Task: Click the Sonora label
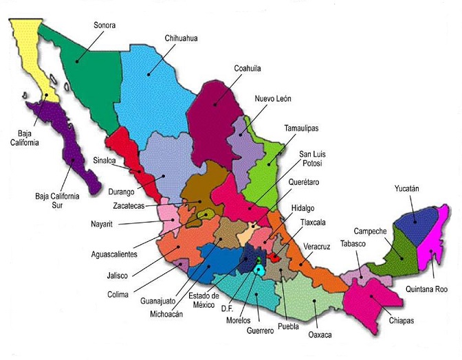(104, 25)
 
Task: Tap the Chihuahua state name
(181, 38)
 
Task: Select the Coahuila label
(247, 68)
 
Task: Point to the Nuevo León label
(273, 99)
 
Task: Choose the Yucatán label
(406, 188)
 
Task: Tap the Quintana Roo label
(430, 289)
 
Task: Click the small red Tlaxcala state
(274, 258)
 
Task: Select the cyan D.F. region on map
(258, 270)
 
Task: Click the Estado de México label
(204, 300)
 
